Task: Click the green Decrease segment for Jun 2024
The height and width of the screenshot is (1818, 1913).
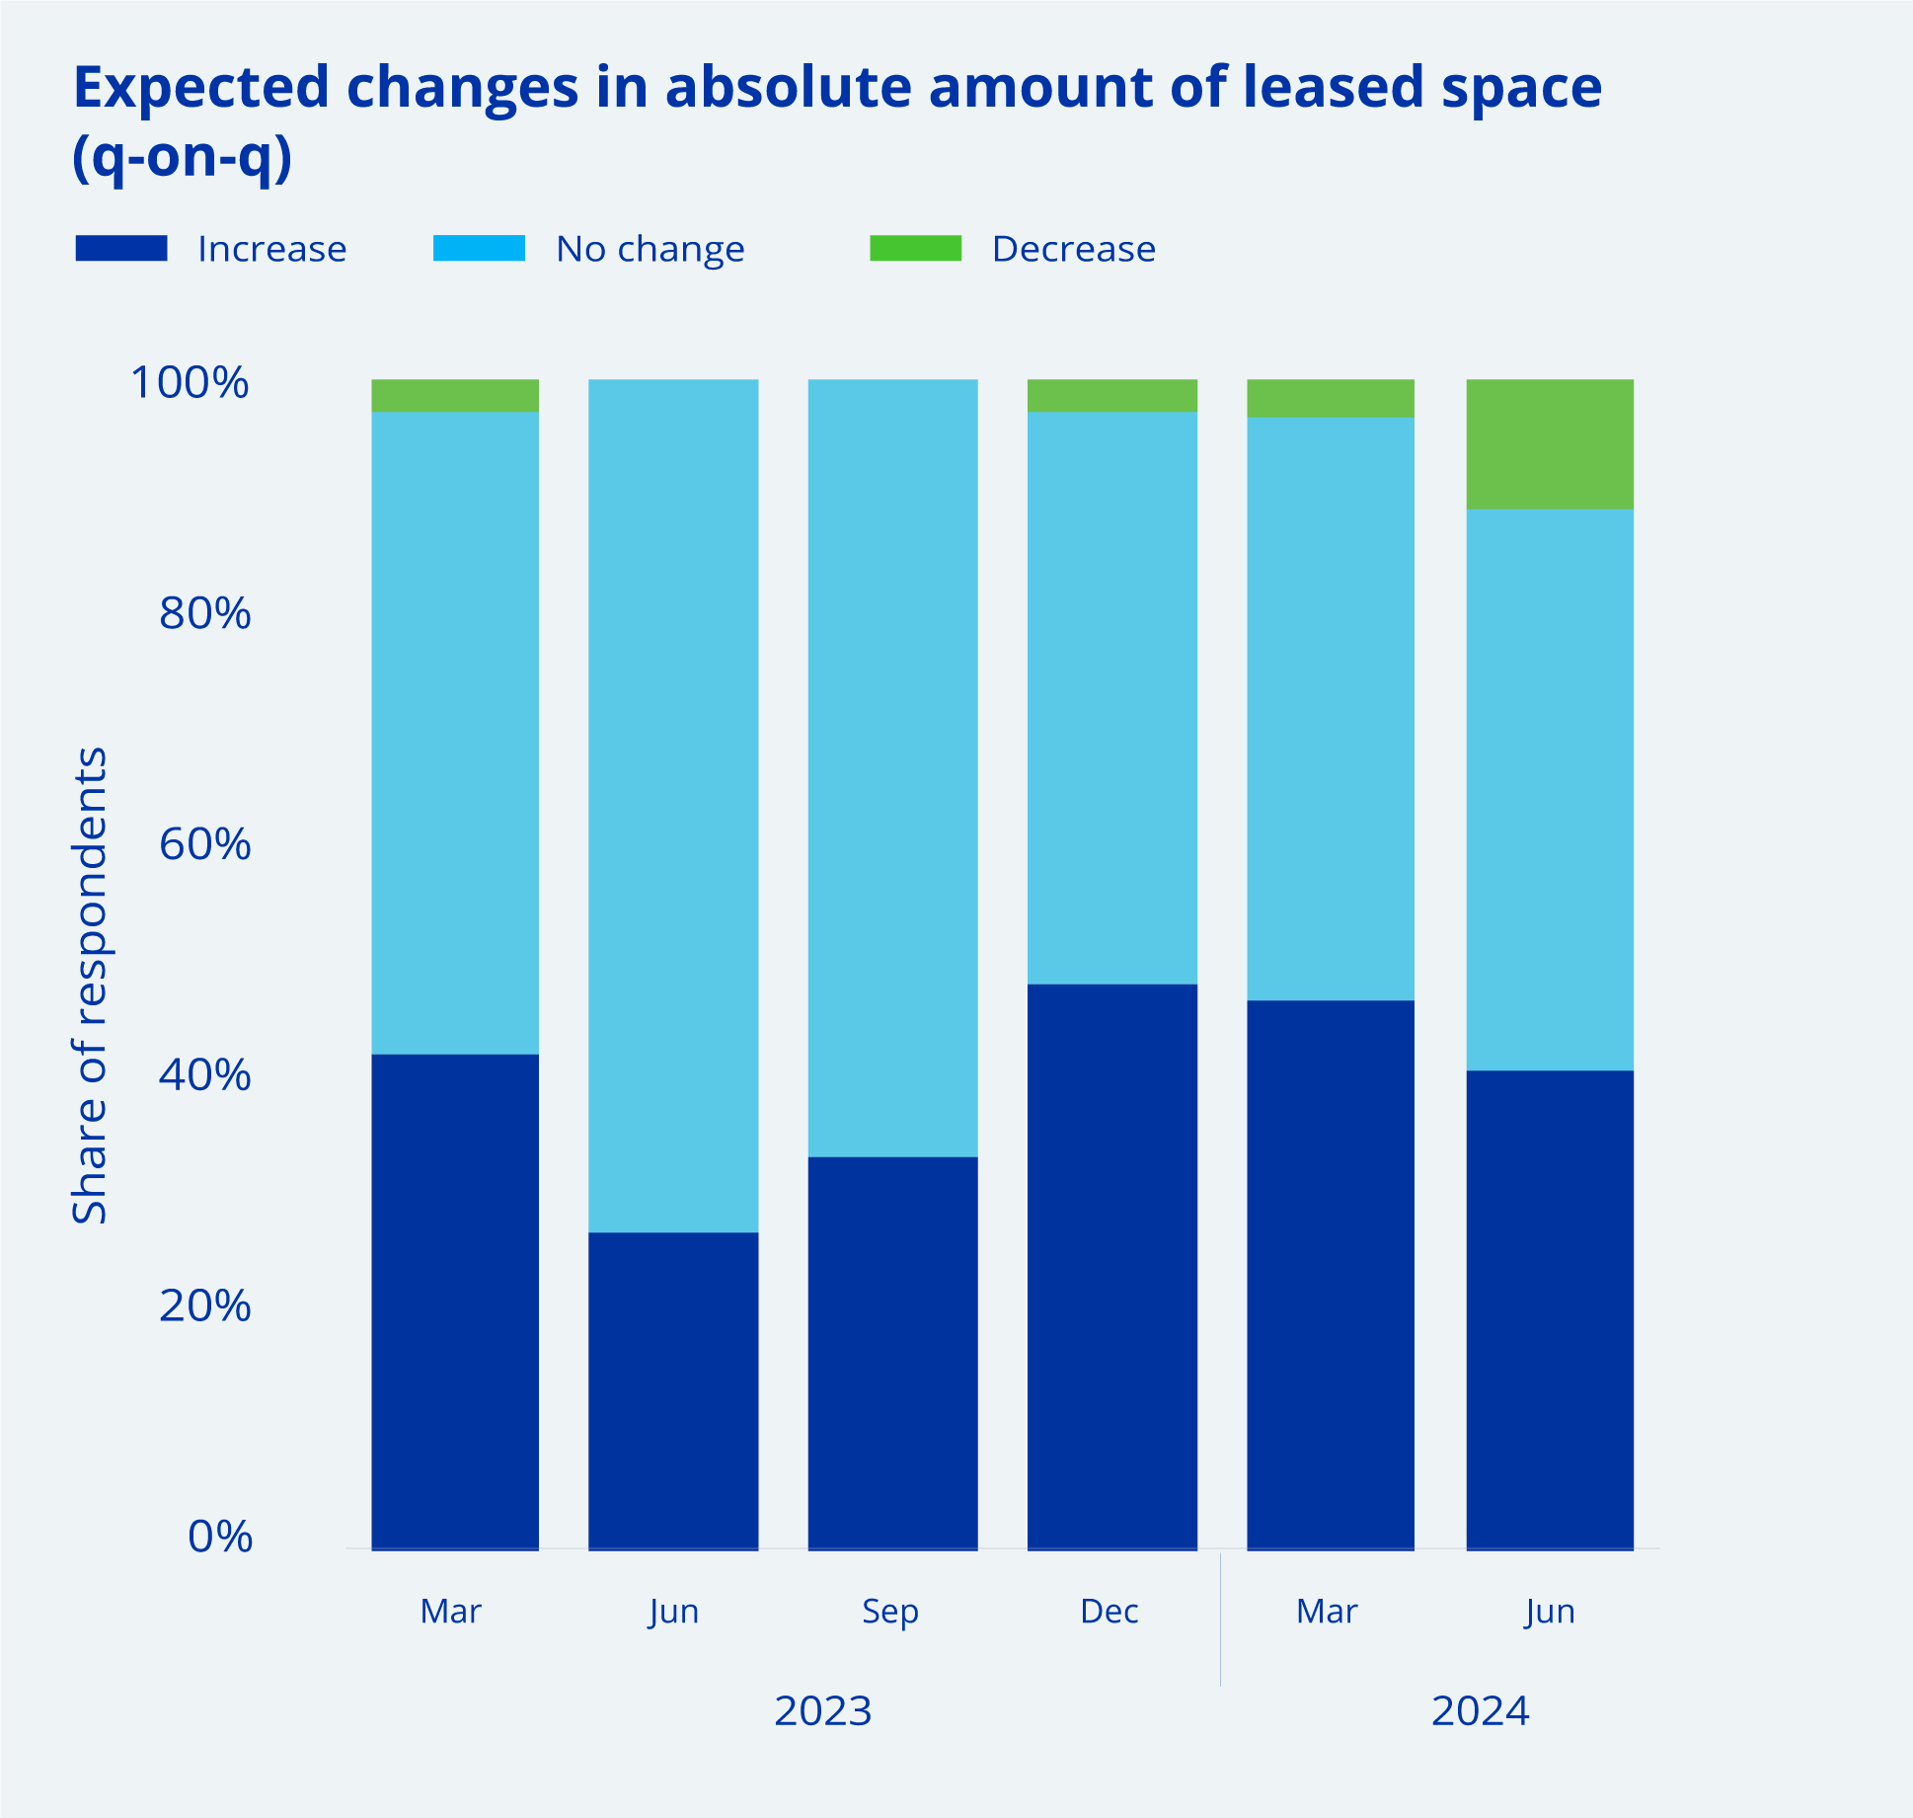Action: pyautogui.click(x=1550, y=444)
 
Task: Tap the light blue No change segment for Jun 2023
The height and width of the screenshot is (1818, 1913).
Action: pyautogui.click(x=673, y=805)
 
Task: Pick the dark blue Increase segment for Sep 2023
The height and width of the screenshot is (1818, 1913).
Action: pyautogui.click(x=892, y=1352)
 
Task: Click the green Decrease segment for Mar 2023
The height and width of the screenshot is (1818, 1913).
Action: pyautogui.click(x=455, y=395)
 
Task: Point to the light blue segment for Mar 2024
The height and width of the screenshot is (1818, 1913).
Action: pyautogui.click(x=1331, y=708)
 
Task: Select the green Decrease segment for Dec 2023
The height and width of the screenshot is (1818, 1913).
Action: pyautogui.click(x=1112, y=395)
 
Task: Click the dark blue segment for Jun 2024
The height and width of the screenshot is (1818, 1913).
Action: pyautogui.click(x=1550, y=1309)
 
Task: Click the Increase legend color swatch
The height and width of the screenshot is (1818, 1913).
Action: pyautogui.click(x=121, y=248)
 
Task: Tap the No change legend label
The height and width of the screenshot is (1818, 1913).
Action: pyautogui.click(x=650, y=249)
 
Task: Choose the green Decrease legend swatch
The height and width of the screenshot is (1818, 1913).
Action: pyautogui.click(x=915, y=248)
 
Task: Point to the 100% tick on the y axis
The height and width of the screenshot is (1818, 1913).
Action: pyautogui.click(x=190, y=383)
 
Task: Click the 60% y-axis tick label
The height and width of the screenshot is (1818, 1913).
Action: pyautogui.click(x=204, y=844)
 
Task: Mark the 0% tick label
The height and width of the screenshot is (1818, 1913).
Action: pyautogui.click(x=219, y=1538)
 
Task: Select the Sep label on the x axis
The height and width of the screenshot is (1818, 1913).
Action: pyautogui.click(x=890, y=1612)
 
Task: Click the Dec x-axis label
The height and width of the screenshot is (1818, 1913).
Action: pyautogui.click(x=1110, y=1612)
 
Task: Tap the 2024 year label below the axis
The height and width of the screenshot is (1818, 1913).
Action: pyautogui.click(x=1480, y=1710)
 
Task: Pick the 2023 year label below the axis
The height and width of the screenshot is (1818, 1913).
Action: pyautogui.click(x=822, y=1710)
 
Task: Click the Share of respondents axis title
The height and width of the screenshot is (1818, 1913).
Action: pyautogui.click(x=90, y=985)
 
